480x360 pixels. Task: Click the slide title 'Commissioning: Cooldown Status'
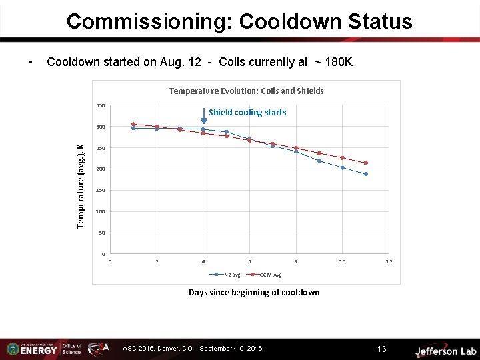pos(239,21)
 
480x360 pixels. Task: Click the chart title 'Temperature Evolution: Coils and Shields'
pos(246,91)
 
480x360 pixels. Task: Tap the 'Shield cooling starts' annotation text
pos(247,113)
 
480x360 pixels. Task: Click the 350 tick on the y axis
pos(100,105)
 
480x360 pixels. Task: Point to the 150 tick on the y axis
pos(100,191)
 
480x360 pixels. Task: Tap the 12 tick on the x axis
pos(389,262)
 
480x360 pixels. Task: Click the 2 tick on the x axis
pos(157,262)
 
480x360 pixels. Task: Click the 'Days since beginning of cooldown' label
pos(254,292)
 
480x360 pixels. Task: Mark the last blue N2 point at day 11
pos(366,174)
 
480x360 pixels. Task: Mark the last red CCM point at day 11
pos(366,163)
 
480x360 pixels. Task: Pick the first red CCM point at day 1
pos(133,124)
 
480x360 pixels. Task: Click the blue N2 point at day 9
pos(319,161)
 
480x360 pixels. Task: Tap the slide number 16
pos(381,349)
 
